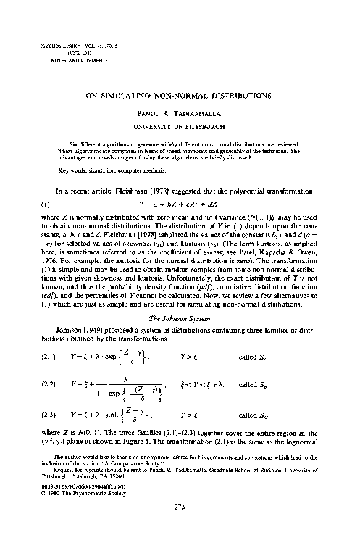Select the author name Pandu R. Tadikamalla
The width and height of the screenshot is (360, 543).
(180, 115)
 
